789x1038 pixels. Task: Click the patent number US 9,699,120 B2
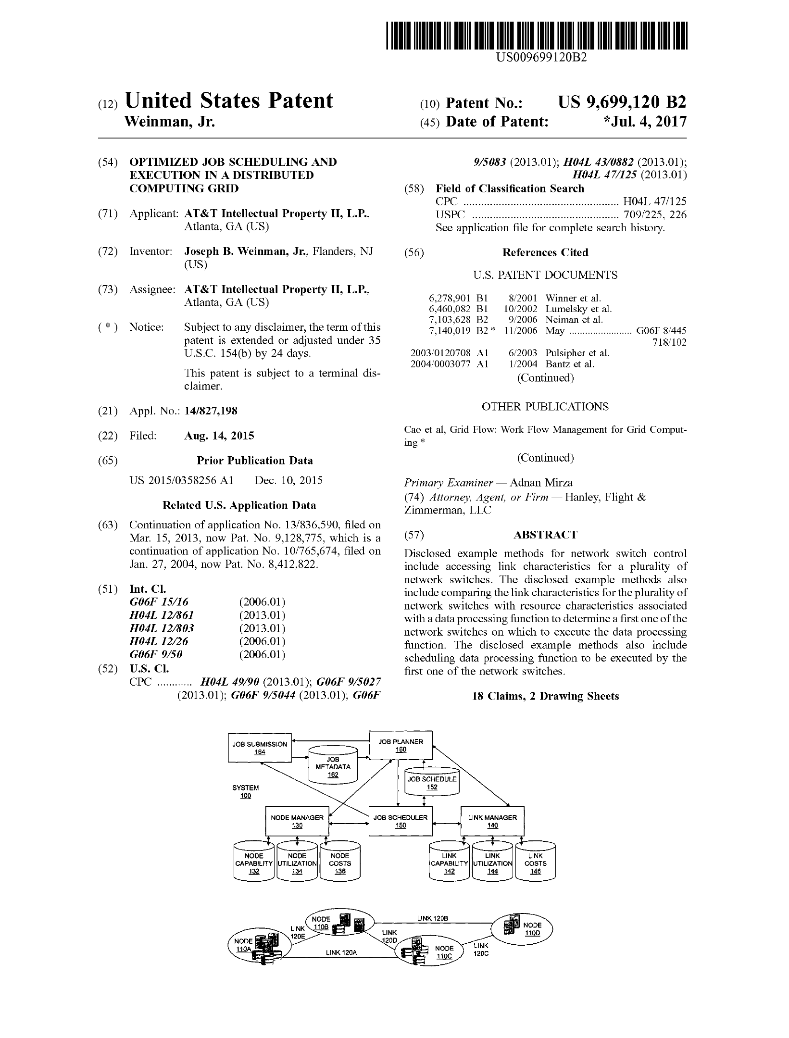click(x=622, y=102)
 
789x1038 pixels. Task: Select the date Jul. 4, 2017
click(x=647, y=122)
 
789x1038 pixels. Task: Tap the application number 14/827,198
click(x=211, y=411)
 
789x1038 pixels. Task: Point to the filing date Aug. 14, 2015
click(x=219, y=436)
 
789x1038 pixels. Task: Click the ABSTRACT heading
click(x=545, y=535)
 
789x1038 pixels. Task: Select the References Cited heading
click(x=545, y=252)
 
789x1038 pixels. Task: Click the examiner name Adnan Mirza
click(x=541, y=483)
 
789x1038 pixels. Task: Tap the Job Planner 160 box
click(x=401, y=745)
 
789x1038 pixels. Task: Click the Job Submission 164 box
click(x=260, y=748)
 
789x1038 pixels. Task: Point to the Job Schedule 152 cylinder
click(x=432, y=782)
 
